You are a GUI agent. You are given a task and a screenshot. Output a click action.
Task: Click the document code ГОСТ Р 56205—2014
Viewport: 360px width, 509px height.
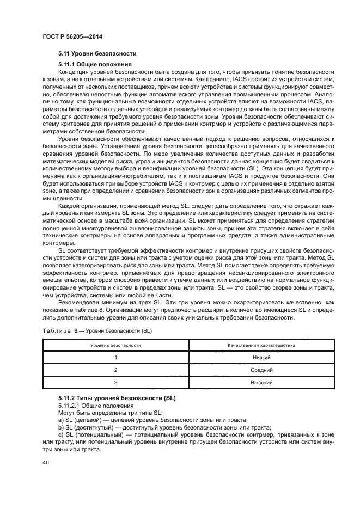pyautogui.click(x=72, y=36)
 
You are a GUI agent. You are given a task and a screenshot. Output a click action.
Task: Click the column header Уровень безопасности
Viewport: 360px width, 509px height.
pyautogui.click(x=115, y=345)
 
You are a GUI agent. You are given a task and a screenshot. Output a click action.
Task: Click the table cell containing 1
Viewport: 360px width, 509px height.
pyautogui.click(x=115, y=357)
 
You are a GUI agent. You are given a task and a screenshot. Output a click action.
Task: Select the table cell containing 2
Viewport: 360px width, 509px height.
pyautogui.click(x=115, y=370)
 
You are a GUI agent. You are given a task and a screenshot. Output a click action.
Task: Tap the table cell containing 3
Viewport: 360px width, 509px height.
pyautogui.click(x=115, y=383)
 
